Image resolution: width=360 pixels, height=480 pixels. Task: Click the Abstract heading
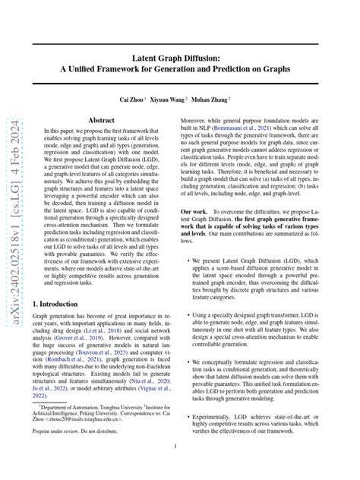(x=102, y=121)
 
